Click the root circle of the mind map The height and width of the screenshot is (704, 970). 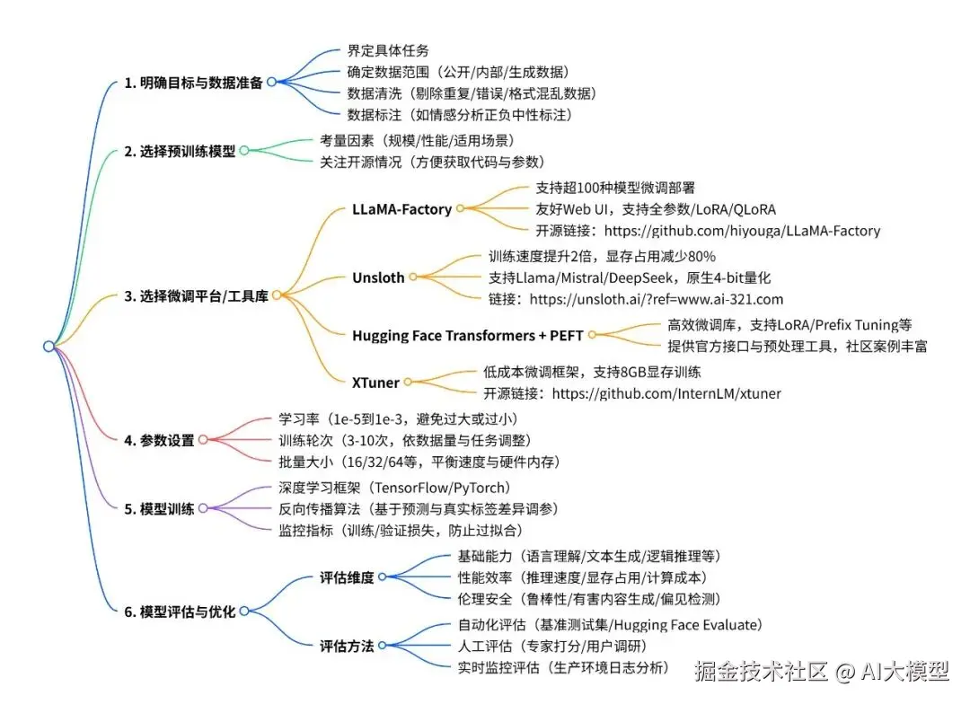[48, 347]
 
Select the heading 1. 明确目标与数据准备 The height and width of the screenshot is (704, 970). [193, 83]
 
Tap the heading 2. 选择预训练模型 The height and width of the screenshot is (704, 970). [180, 152]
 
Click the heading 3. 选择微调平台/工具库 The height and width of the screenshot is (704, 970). [196, 295]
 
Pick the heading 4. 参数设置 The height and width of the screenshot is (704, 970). [159, 440]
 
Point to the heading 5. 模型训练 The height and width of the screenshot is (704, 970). [159, 508]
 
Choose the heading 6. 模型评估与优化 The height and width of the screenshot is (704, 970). [180, 612]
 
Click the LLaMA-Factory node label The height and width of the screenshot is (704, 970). [401, 209]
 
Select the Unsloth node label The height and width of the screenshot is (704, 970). [378, 277]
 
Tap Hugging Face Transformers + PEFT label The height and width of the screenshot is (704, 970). [467, 336]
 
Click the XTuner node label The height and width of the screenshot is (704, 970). [375, 383]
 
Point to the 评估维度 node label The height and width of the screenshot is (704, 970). [347, 577]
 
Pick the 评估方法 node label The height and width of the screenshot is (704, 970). [347, 646]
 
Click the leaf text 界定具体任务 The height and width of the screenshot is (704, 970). [388, 50]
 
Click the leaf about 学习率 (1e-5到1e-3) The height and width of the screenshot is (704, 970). [399, 419]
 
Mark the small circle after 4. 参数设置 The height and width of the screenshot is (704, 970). [203, 440]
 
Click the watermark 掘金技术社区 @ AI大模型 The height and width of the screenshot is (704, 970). [820, 670]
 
